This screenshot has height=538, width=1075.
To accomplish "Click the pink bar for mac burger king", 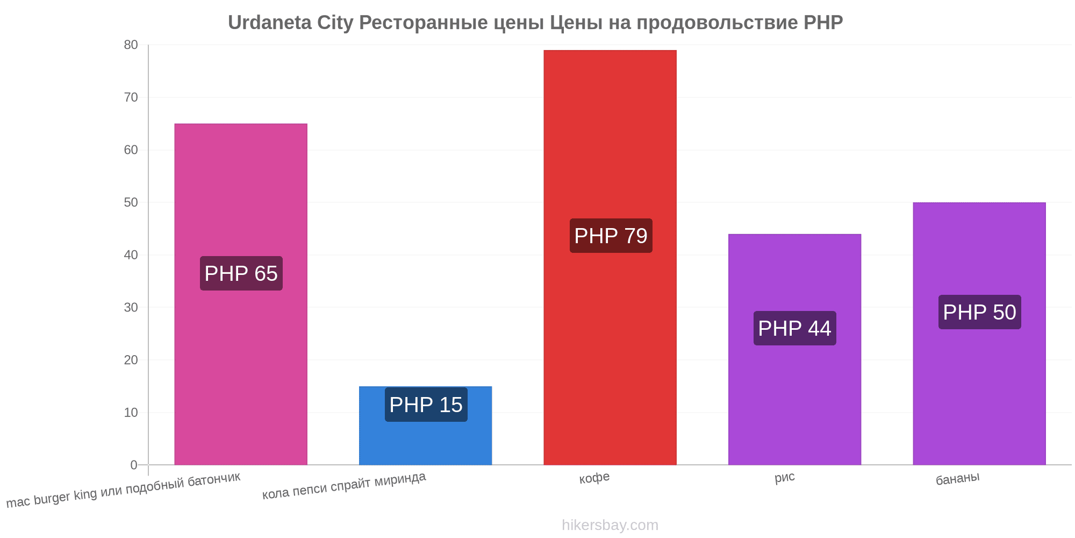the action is [241, 294].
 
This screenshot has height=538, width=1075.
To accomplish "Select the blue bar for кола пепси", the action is [425, 426].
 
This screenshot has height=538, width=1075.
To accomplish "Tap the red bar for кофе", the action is [610, 258].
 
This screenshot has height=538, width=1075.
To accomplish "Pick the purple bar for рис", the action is [794, 350].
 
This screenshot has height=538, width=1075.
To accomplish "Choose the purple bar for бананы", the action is [979, 334].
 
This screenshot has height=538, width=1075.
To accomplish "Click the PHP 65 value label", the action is [241, 273].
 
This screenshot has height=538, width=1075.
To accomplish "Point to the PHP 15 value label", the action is [426, 405].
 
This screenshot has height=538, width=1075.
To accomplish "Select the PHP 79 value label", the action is [611, 236].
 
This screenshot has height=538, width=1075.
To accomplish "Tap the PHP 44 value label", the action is [795, 328].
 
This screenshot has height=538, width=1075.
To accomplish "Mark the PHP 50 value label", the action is [980, 312].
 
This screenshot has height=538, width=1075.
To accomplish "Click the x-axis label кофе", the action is [594, 478].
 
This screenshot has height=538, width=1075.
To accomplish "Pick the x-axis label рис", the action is [785, 477].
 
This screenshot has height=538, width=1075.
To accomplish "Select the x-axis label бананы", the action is [958, 478].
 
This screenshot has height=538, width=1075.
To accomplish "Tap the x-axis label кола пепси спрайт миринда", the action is [344, 485].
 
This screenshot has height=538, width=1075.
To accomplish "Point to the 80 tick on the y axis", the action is [131, 45].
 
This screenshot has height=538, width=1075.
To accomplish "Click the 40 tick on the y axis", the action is [131, 255].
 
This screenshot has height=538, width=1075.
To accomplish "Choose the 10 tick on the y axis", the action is [131, 413].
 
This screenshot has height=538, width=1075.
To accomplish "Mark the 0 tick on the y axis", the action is [134, 465].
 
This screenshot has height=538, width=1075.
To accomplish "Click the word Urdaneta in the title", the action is [270, 23].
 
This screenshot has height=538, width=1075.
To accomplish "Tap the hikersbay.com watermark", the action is [610, 525].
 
